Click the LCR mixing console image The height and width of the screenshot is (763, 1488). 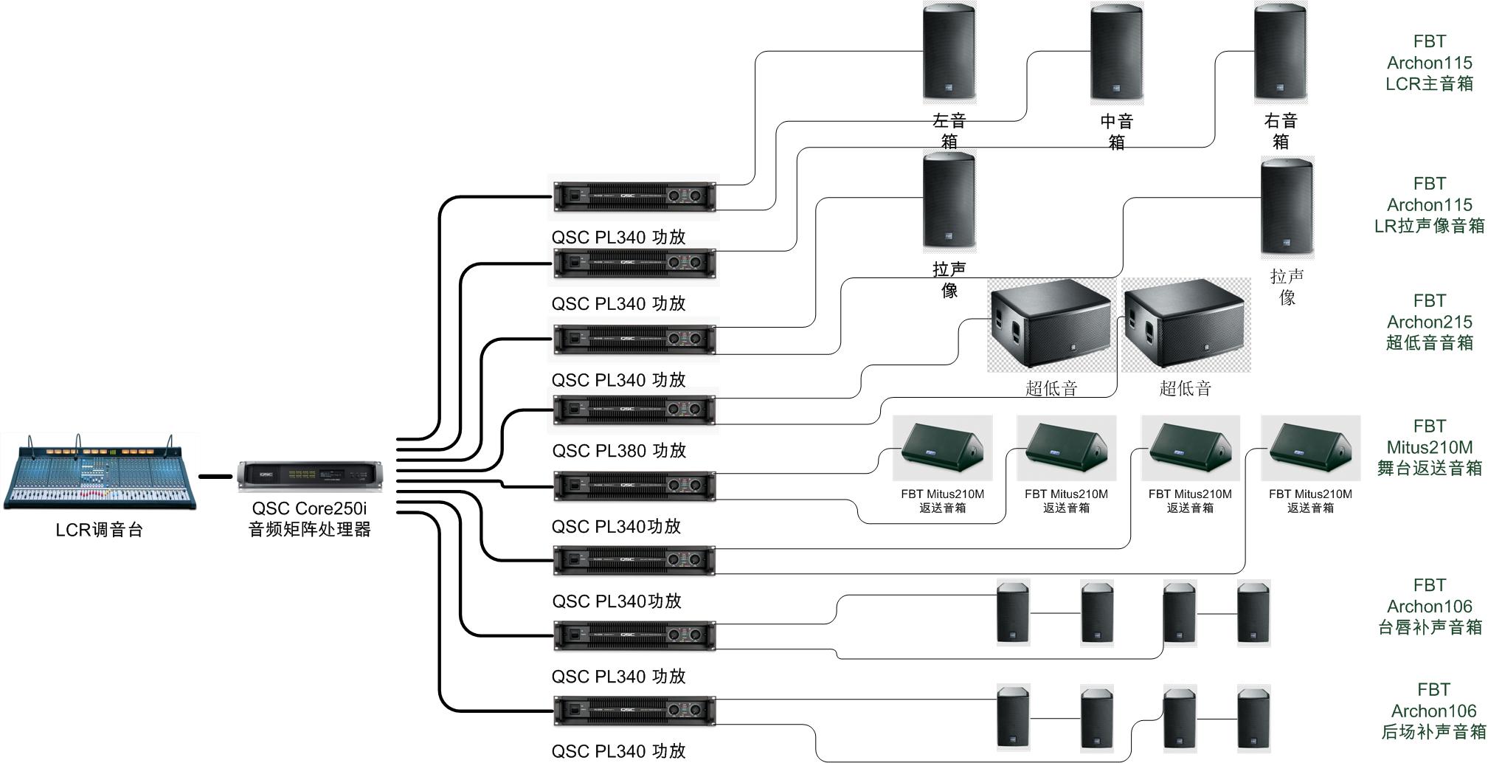[x=100, y=472]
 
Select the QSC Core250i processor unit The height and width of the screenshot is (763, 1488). [x=310, y=476]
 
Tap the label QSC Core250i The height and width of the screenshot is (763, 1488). [x=309, y=508]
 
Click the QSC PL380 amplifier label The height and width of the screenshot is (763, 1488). [x=619, y=450]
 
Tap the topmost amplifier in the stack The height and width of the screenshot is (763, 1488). [x=634, y=196]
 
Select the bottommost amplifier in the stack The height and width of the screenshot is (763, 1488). [x=634, y=711]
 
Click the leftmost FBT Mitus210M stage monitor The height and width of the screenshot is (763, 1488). [x=942, y=448]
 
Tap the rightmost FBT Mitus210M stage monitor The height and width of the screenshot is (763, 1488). [x=1310, y=448]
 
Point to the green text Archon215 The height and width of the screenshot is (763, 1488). [x=1429, y=322]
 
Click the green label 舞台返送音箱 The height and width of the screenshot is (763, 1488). [x=1429, y=468]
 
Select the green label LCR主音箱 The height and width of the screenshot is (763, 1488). [x=1429, y=83]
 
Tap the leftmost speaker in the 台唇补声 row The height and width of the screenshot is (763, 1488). [x=1012, y=612]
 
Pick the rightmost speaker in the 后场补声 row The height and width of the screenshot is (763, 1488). [x=1253, y=717]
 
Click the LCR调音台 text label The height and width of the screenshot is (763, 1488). [x=99, y=530]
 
